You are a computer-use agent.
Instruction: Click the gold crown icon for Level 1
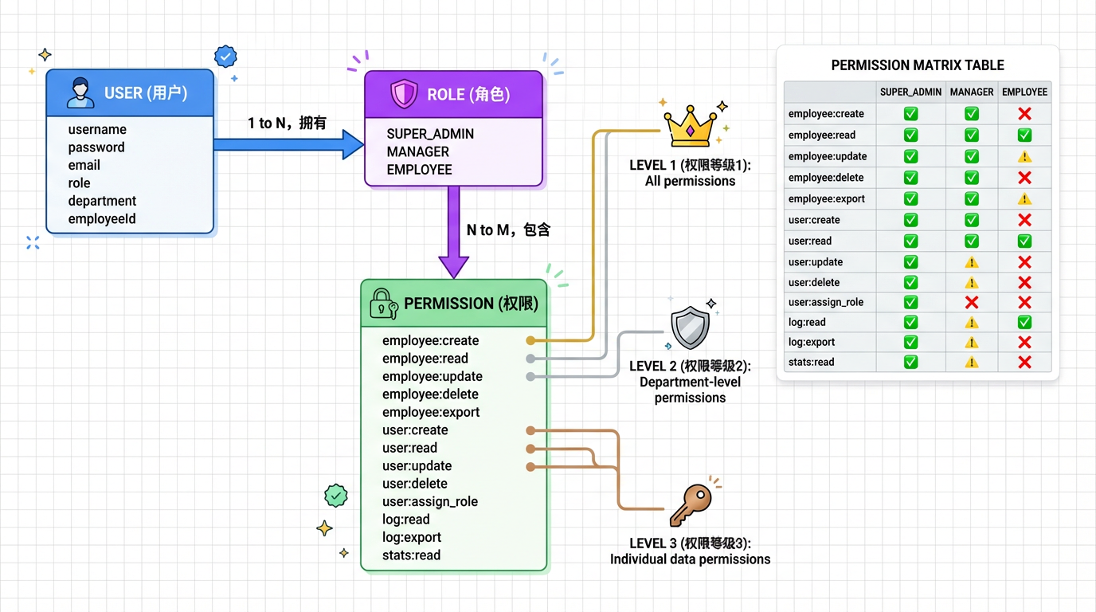(x=690, y=127)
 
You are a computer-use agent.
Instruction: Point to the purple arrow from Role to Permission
(x=453, y=232)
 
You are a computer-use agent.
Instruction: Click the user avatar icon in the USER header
(x=80, y=93)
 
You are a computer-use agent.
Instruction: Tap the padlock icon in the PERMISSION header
(x=383, y=304)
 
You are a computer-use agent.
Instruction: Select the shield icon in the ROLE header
(x=404, y=95)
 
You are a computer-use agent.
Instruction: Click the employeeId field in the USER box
(x=102, y=219)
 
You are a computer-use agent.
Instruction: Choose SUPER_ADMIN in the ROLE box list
(x=430, y=134)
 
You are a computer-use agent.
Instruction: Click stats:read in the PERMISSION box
(x=411, y=555)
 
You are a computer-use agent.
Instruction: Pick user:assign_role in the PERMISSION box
(x=430, y=502)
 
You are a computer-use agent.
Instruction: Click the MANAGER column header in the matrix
(x=972, y=92)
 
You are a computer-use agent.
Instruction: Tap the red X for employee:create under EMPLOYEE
(x=1024, y=114)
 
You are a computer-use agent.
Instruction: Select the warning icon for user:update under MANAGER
(x=972, y=262)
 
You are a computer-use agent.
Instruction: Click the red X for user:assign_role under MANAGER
(x=972, y=303)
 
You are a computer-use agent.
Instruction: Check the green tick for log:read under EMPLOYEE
(x=1024, y=323)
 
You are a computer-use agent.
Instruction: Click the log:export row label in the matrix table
(x=812, y=343)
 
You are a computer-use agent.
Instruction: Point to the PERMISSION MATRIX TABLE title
(x=918, y=65)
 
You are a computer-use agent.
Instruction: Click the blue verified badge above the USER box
(x=225, y=57)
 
